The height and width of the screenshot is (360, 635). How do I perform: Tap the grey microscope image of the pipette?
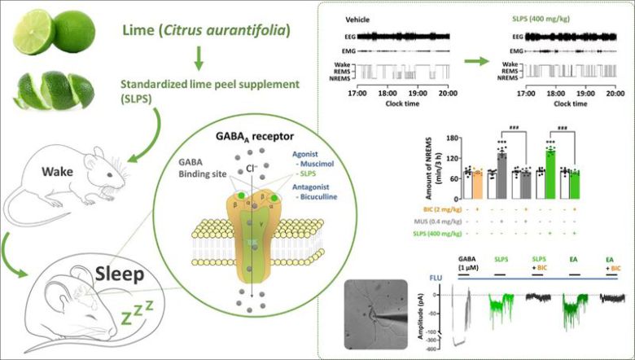click(x=375, y=314)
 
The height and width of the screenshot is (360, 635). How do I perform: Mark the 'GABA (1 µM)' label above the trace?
click(x=469, y=264)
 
